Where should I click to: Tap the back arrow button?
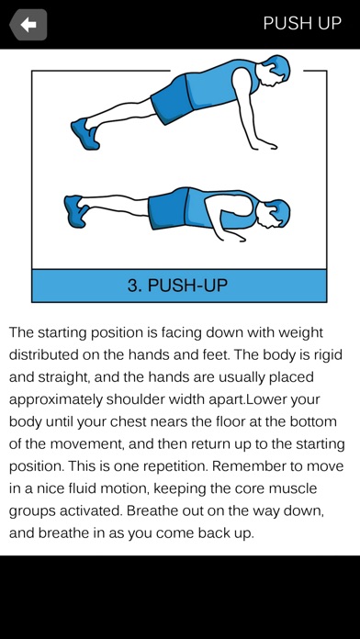28,25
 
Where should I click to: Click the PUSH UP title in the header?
302,23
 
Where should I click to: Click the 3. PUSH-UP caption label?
177,286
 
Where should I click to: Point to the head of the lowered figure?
276,213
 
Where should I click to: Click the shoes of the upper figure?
85,134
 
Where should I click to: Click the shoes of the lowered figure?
76,210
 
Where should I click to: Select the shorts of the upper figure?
172,99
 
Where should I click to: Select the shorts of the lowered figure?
168,208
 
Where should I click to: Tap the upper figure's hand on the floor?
264,145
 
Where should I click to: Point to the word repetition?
170,466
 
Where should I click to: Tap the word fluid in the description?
94,488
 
